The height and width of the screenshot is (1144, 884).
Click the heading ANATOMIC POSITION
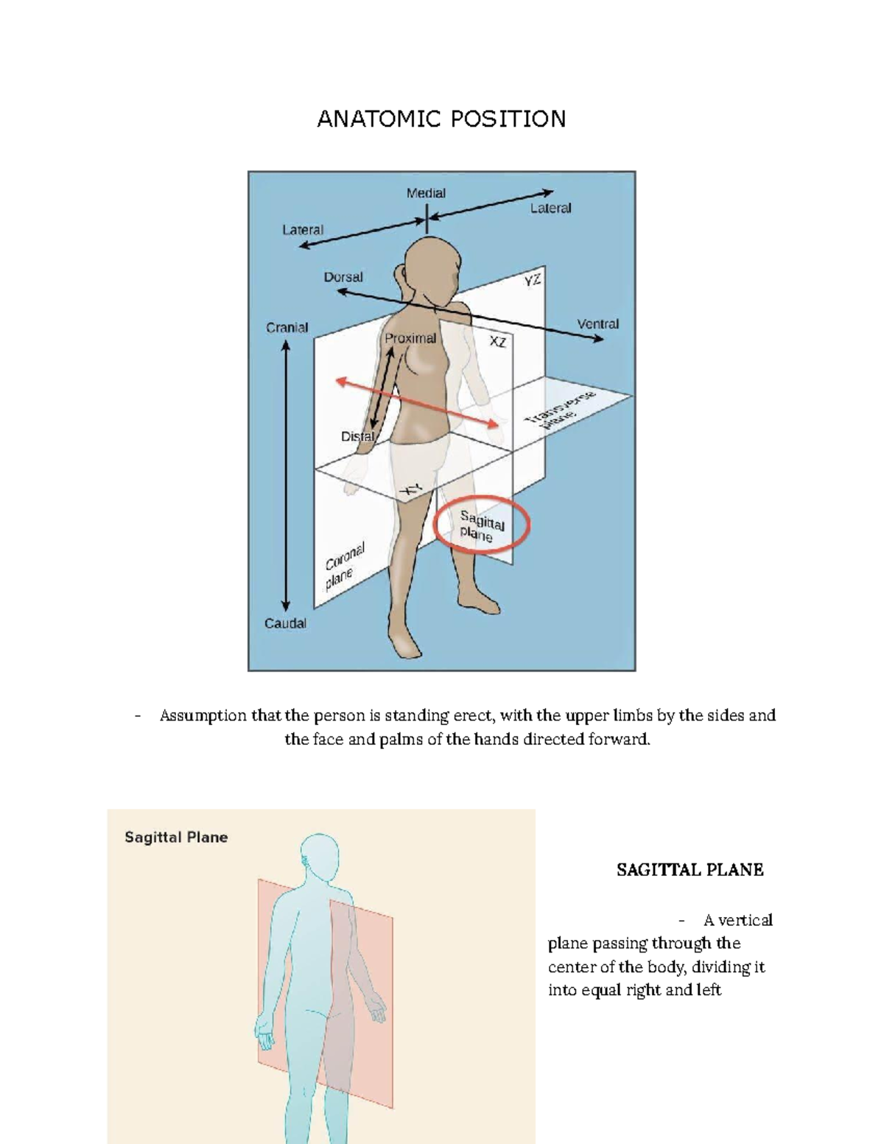pos(441,119)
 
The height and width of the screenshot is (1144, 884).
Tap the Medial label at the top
pos(426,193)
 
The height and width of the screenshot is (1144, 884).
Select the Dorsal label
pos(343,278)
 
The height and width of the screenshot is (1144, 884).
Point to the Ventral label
pos(597,323)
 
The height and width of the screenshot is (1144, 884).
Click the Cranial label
pos(287,328)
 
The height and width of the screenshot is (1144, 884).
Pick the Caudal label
pos(285,623)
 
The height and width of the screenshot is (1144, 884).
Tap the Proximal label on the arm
pos(410,338)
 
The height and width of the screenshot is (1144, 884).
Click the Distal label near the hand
pos(357,436)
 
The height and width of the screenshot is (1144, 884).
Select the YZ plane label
pos(533,281)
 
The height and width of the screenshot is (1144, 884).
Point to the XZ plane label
pos(498,342)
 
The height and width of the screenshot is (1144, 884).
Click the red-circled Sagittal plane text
pos(482,526)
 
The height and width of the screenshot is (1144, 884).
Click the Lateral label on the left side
pos(303,230)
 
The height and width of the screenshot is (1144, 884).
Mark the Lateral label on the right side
pos(550,208)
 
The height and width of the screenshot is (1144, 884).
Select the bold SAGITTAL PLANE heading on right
pos(690,870)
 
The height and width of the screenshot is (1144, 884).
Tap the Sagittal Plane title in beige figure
pos(176,838)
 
